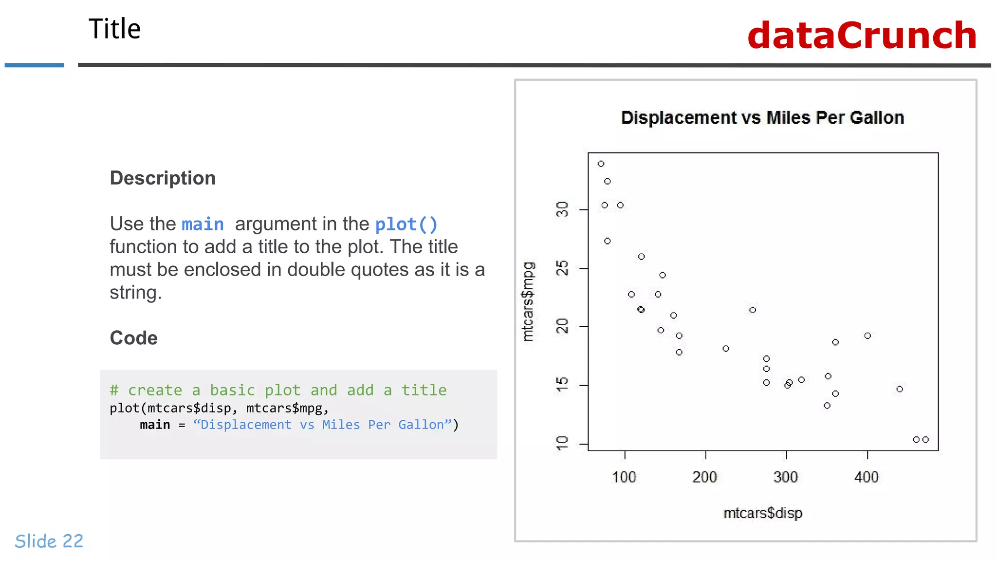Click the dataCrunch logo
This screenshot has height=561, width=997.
point(862,36)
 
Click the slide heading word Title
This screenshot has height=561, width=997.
point(114,29)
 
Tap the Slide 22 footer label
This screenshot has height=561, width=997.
point(49,541)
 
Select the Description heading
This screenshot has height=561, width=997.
point(163,178)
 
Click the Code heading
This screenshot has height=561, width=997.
point(133,338)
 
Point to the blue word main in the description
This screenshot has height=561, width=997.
point(203,224)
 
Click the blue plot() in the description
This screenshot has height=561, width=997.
point(406,224)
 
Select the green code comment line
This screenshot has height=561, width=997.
point(278,390)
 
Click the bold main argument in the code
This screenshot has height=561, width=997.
point(155,425)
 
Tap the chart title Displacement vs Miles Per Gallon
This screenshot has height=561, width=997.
point(762,118)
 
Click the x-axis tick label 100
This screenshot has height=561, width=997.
point(624,477)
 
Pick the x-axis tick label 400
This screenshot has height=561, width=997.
point(867,477)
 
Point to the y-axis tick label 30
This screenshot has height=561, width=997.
point(562,209)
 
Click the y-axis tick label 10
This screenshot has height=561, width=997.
point(562,443)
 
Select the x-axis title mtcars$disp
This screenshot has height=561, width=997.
point(762,513)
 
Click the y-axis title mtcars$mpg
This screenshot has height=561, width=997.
point(528,302)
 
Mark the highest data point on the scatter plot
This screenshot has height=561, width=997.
point(601,164)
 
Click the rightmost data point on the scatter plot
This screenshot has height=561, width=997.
point(925,440)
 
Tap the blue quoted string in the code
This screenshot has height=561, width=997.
point(322,425)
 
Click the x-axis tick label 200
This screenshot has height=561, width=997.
point(704,477)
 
